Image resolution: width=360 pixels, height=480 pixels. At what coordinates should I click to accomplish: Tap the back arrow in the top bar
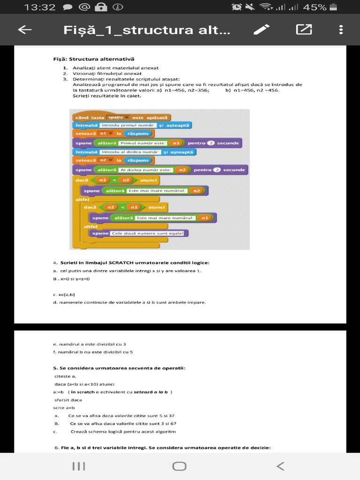pos(25,30)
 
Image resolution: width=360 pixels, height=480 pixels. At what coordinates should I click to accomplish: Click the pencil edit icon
pos(261,30)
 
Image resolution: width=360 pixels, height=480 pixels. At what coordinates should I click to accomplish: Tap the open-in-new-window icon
pos(304,30)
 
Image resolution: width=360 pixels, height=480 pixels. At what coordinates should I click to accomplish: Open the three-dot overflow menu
pos(341,30)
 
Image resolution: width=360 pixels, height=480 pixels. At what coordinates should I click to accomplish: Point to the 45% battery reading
pos(315,7)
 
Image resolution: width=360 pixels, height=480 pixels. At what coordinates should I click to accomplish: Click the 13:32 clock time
pos(40,7)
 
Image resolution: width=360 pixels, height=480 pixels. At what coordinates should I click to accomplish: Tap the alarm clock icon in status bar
pos(237,7)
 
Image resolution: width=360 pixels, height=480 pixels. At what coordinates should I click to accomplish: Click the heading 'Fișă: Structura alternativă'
pos(93,59)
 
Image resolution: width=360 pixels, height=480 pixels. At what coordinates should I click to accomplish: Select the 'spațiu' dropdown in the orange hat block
pos(118,117)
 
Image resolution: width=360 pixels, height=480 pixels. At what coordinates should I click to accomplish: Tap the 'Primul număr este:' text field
pos(143,143)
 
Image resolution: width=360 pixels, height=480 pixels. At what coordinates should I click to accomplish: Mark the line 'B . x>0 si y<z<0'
pos(71,279)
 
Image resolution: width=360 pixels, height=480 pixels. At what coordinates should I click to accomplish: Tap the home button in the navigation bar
pos(180,466)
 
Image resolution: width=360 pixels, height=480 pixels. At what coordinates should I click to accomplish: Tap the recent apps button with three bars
pos(79,466)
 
